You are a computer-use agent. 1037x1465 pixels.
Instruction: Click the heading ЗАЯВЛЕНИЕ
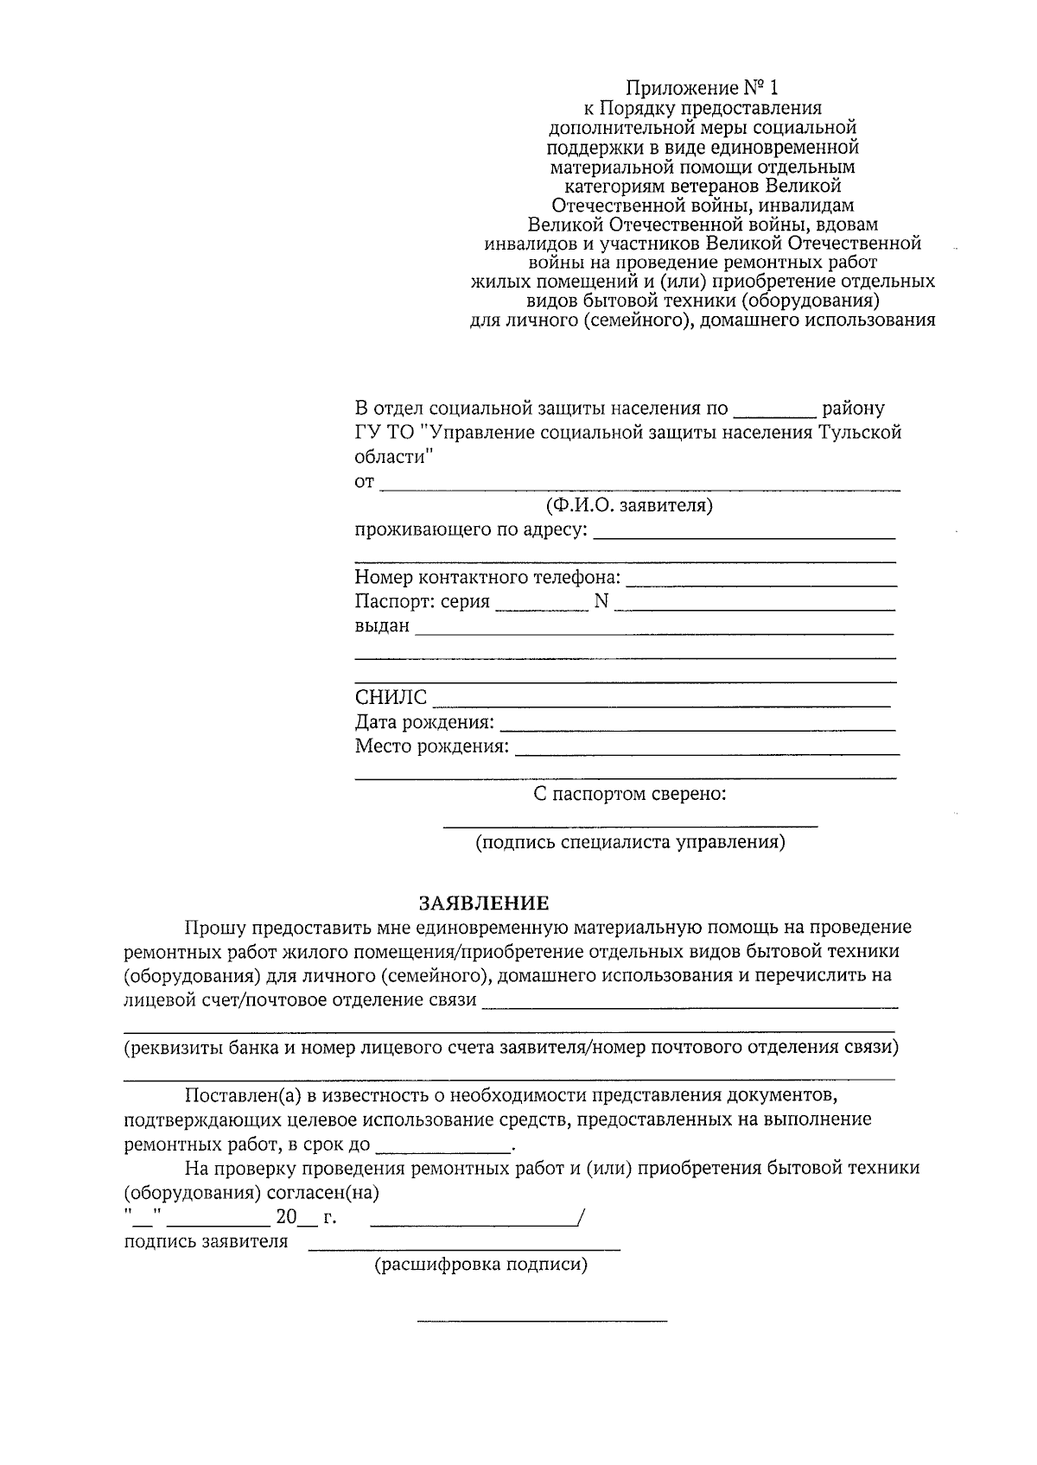(x=484, y=904)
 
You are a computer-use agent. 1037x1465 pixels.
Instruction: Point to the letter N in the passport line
(x=601, y=602)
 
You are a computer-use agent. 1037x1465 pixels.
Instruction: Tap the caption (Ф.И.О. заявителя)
(x=628, y=505)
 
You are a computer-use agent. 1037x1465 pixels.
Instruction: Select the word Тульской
(x=860, y=432)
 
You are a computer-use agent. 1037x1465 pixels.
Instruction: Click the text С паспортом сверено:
(x=628, y=793)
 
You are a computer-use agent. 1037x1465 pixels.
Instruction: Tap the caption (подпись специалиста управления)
(x=630, y=842)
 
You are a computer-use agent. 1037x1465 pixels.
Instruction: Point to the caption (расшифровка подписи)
(x=480, y=1265)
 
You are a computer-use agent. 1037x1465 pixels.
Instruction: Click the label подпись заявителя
(x=206, y=1242)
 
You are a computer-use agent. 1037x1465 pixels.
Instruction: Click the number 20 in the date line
(x=285, y=1218)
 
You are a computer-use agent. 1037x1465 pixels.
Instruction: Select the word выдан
(x=381, y=625)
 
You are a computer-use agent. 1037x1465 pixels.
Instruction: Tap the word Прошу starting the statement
(x=213, y=928)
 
